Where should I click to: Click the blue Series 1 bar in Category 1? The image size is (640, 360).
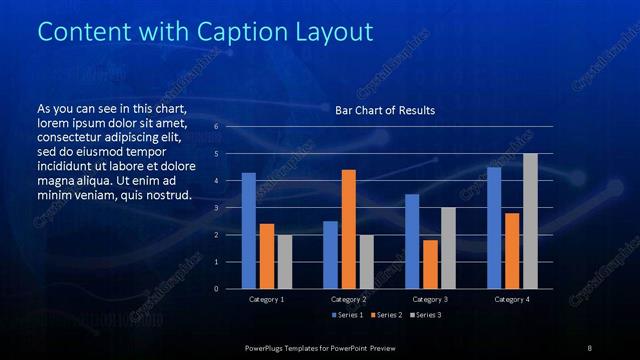point(248,231)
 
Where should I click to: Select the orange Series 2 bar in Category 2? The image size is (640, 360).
point(348,229)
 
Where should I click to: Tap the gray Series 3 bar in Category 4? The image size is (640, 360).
point(530,221)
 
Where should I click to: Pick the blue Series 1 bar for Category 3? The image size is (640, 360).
point(412,241)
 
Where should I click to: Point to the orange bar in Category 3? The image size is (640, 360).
point(430,264)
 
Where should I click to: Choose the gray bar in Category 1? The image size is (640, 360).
point(285,261)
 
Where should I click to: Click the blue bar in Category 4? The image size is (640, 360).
point(494,228)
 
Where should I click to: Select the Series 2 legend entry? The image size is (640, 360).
point(388,316)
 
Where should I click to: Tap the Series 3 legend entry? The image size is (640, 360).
point(426,316)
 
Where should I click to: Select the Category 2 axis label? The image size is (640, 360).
point(348,299)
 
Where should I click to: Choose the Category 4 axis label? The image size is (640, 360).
point(512,299)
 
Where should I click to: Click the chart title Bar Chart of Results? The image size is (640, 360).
point(385,110)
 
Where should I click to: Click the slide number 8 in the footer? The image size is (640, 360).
point(590,347)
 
